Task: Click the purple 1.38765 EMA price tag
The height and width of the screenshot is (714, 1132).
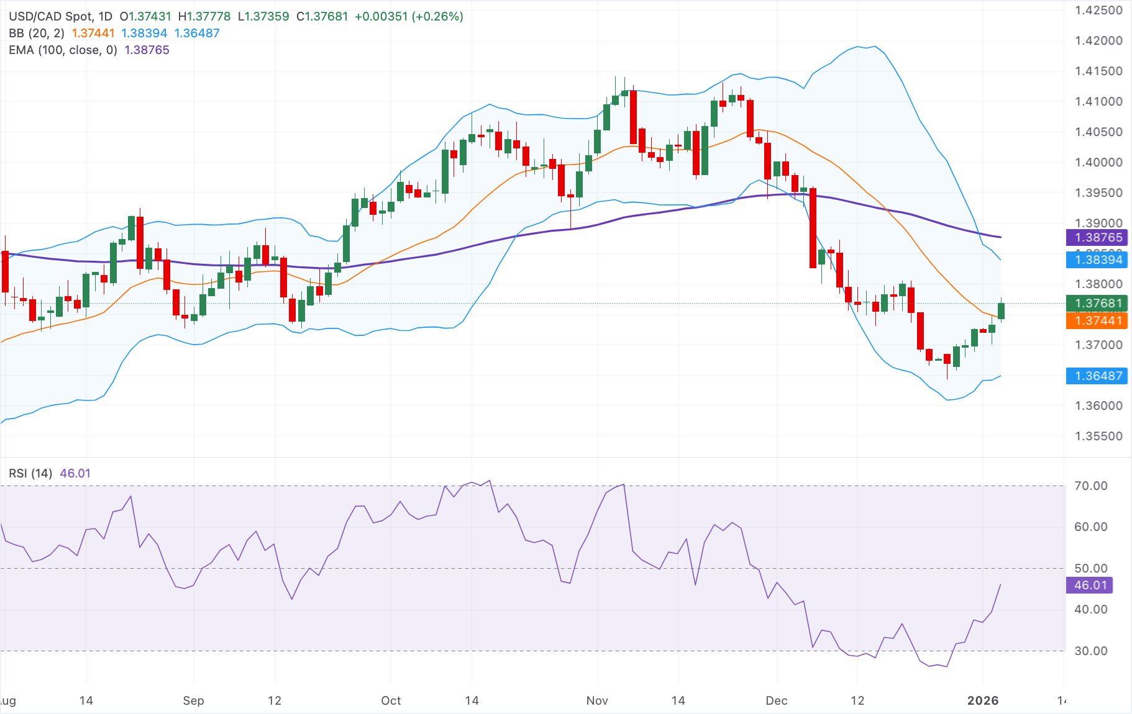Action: tap(1097, 237)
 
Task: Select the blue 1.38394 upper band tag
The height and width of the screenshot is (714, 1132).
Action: tap(1097, 260)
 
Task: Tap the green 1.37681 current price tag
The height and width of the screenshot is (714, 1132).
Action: tap(1097, 304)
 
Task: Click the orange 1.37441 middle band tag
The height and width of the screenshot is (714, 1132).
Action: tap(1097, 320)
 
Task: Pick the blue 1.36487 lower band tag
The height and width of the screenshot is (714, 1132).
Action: tap(1097, 376)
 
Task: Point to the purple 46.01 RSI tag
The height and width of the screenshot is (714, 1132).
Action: tap(1089, 585)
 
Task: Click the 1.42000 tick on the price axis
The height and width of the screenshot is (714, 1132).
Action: tap(1098, 40)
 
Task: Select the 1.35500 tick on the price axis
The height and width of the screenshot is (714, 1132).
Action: tap(1098, 436)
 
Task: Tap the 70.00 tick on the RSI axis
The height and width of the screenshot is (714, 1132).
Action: tap(1090, 486)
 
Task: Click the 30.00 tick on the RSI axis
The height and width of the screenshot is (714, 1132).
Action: tap(1090, 651)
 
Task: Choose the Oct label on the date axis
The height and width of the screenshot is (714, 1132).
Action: tap(391, 700)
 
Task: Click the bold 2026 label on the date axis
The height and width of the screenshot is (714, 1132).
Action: tap(983, 700)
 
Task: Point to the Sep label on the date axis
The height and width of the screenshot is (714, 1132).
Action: tap(193, 700)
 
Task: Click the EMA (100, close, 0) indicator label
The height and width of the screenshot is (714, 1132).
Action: tap(63, 50)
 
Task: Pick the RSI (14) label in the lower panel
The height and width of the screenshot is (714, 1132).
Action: tap(30, 473)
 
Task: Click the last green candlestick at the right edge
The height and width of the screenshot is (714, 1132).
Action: tap(1001, 310)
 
